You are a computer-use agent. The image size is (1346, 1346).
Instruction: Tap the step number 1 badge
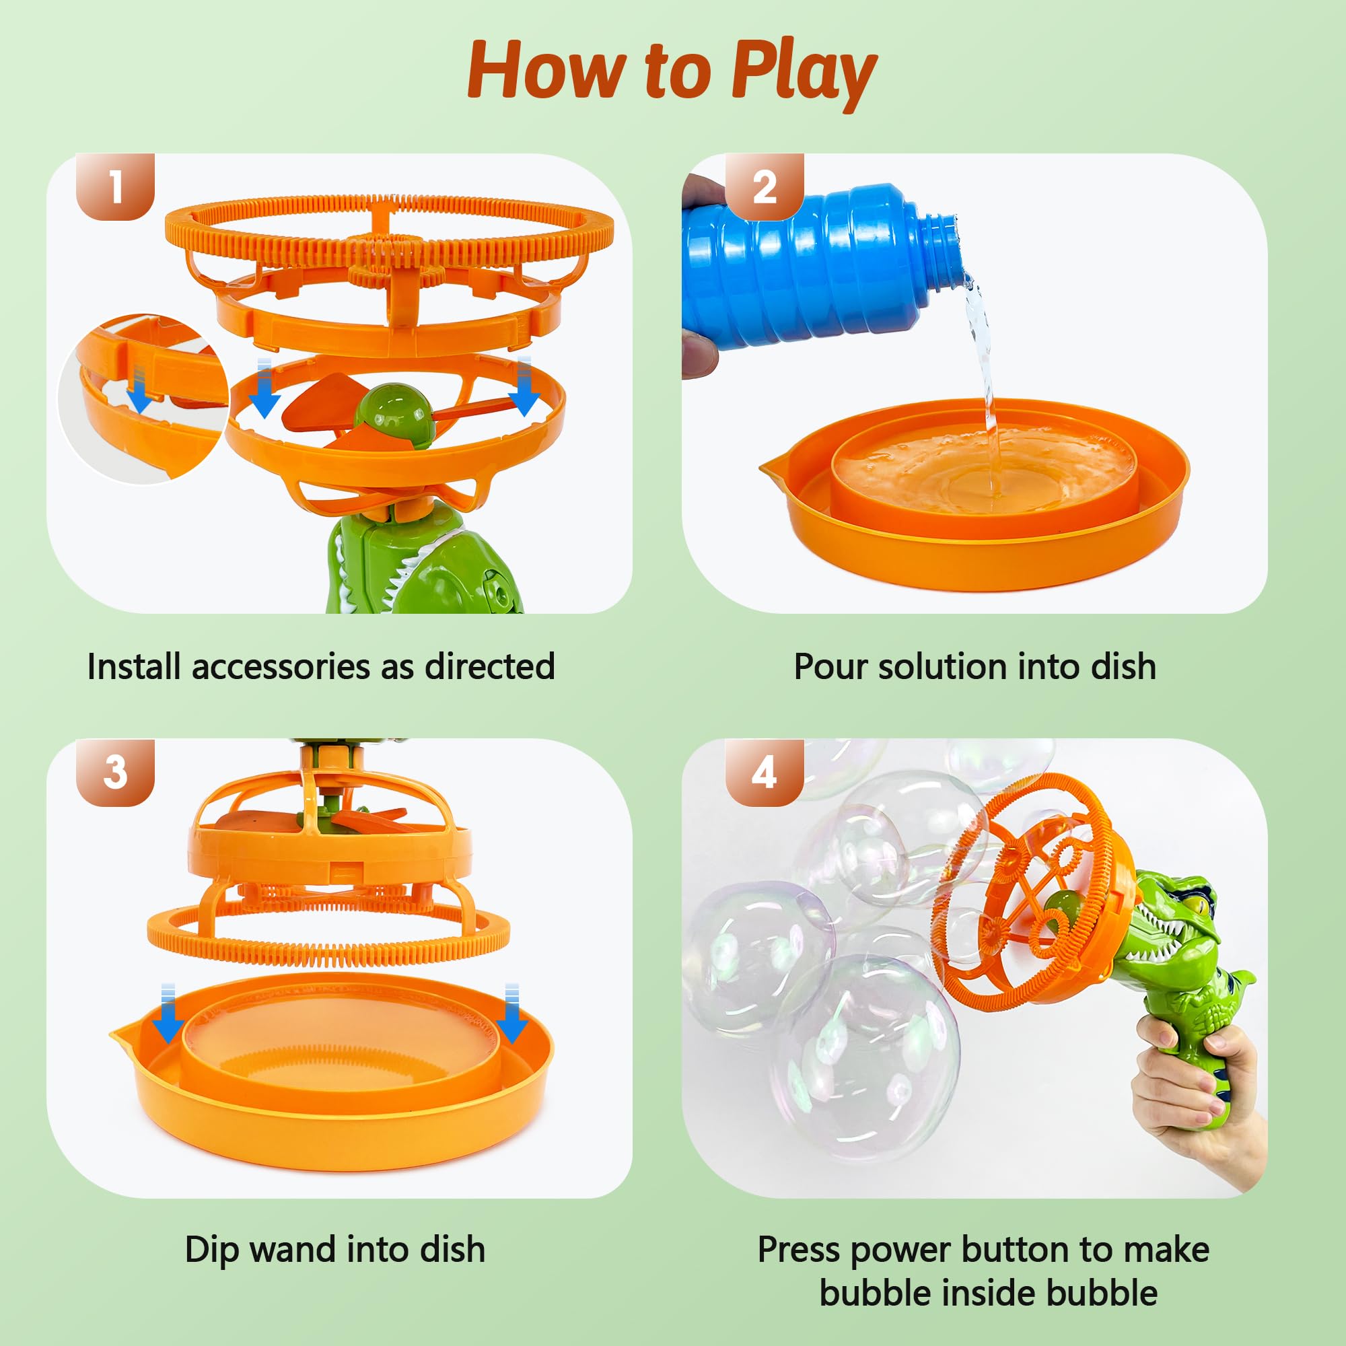(115, 186)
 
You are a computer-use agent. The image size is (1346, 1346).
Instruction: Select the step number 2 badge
(765, 186)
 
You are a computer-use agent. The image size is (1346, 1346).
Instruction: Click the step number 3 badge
(115, 772)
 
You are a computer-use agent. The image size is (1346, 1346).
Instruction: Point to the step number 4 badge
(765, 772)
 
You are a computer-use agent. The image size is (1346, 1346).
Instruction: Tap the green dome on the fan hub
(392, 411)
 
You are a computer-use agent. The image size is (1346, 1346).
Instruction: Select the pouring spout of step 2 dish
(771, 467)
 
